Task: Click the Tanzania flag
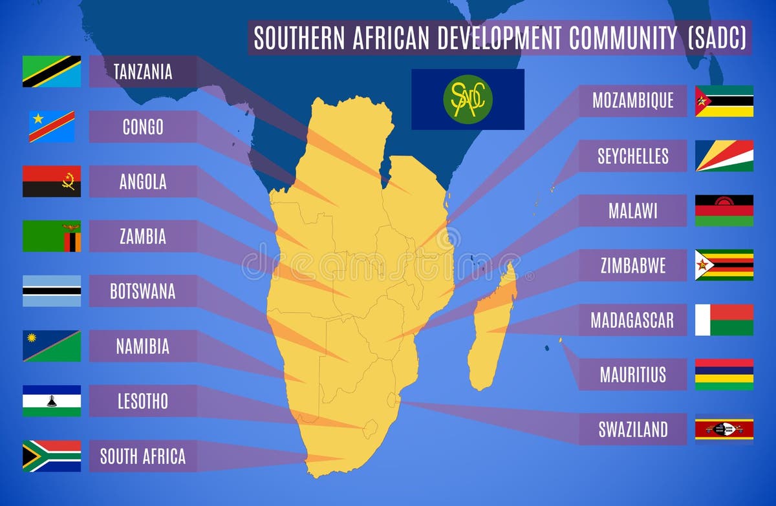[52, 71]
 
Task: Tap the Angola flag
[52, 181]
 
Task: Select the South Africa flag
[52, 456]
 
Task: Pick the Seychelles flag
[724, 156]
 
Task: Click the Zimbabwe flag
[724, 265]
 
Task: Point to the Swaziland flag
[724, 429]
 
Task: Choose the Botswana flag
[52, 291]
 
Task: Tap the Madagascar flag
[724, 320]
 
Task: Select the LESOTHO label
[142, 401]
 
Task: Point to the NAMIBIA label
[142, 346]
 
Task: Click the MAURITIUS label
[632, 375]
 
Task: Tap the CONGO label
[143, 127]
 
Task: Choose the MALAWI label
[632, 211]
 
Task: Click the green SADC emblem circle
[468, 100]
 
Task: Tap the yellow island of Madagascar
[491, 330]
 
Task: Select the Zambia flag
[52, 236]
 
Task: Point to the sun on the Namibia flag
[32, 339]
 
